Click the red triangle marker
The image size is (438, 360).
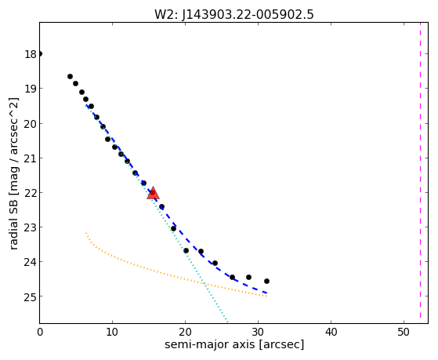[x=153, y=193]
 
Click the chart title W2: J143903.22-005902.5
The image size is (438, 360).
[x=234, y=15]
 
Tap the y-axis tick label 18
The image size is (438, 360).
[x=31, y=54]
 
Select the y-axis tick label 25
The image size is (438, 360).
[x=31, y=296]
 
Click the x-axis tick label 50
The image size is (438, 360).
[x=404, y=333]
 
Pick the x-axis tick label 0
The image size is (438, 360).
[x=40, y=333]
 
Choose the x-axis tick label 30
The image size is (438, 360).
[x=258, y=333]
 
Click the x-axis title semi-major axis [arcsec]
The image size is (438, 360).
[x=234, y=344]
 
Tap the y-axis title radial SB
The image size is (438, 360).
[x=13, y=223]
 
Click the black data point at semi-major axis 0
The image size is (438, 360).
[x=40, y=53]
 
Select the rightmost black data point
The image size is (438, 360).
[x=266, y=281]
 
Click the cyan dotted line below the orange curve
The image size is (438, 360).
[x=216, y=304]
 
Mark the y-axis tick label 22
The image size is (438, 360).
[x=31, y=193]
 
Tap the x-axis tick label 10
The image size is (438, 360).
[x=112, y=333]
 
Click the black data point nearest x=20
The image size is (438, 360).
[x=186, y=251]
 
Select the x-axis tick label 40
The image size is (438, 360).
[x=331, y=333]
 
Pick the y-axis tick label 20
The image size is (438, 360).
[x=31, y=124]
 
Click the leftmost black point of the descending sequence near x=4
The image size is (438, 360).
[x=70, y=77]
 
